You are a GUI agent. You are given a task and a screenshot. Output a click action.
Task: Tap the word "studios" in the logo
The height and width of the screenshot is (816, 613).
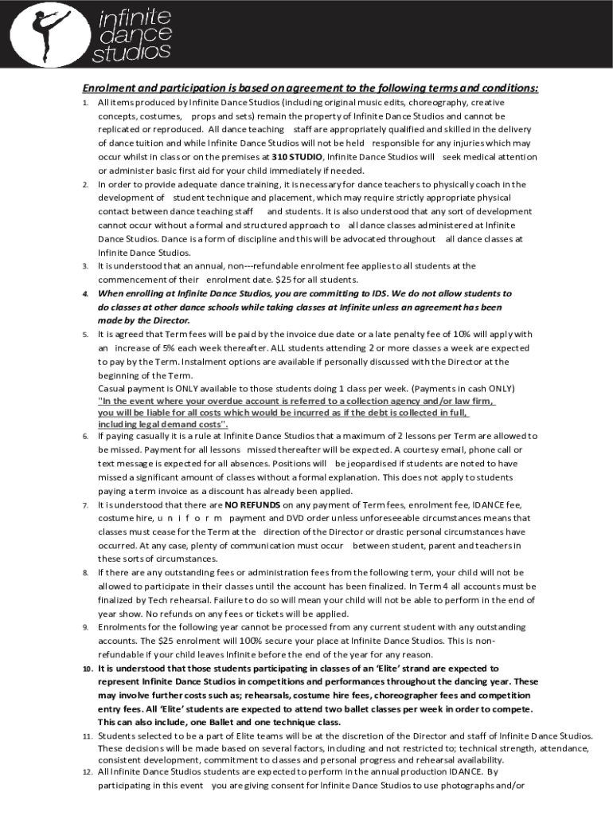131,53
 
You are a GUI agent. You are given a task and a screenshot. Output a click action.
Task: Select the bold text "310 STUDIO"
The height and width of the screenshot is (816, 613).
297,157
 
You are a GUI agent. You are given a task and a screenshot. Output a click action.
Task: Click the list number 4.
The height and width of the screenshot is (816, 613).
85,294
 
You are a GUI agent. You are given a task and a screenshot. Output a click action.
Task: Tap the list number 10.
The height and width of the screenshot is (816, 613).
88,669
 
